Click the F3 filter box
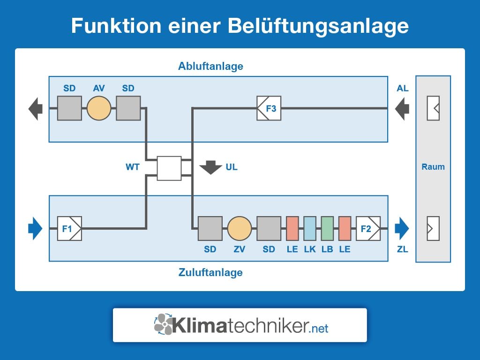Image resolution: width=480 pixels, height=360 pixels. click(x=269, y=108)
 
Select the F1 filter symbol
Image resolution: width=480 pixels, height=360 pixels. click(x=69, y=228)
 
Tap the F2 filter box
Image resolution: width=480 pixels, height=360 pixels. click(x=368, y=228)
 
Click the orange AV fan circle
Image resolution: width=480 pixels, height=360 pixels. click(x=99, y=108)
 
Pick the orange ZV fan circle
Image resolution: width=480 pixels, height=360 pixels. click(x=240, y=228)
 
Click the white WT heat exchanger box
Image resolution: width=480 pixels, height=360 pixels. click(x=169, y=168)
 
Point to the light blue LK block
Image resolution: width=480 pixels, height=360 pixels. click(x=310, y=228)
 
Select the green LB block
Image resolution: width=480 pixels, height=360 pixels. click(x=327, y=228)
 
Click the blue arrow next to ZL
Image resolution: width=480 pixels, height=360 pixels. click(x=402, y=228)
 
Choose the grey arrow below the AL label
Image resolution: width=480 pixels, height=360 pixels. click(x=402, y=109)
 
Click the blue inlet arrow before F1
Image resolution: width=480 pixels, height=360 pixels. click(x=35, y=228)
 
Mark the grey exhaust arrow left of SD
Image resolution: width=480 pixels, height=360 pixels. click(x=36, y=109)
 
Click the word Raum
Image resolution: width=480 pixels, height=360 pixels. click(x=433, y=167)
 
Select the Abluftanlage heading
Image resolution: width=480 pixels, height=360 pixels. click(x=210, y=66)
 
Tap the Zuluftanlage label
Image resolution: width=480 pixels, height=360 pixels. click(x=210, y=272)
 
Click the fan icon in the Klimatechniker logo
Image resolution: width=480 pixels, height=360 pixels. click(x=164, y=324)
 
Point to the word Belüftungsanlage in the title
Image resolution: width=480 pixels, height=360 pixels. click(x=318, y=26)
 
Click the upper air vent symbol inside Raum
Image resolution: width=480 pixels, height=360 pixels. click(x=433, y=108)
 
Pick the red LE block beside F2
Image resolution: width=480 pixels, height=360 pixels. click(x=345, y=228)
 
